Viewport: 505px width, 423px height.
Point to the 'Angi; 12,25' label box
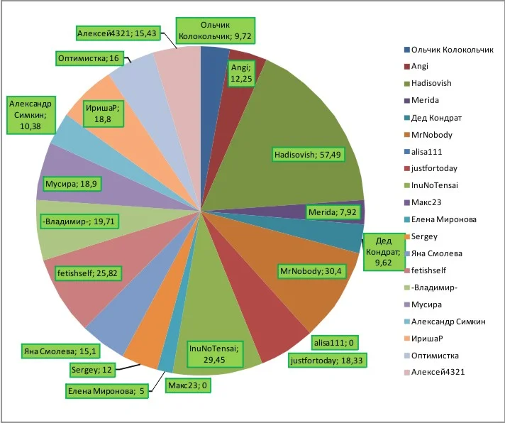(x=240, y=73)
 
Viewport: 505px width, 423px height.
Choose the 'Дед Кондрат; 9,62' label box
(x=387, y=251)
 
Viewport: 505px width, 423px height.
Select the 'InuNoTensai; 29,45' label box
(x=216, y=354)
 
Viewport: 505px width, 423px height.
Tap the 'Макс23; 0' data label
(x=189, y=385)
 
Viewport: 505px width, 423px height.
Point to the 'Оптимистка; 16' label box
(x=89, y=58)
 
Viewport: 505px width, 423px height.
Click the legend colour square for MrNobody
(x=407, y=135)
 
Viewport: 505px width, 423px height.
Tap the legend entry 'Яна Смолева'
(x=437, y=253)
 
